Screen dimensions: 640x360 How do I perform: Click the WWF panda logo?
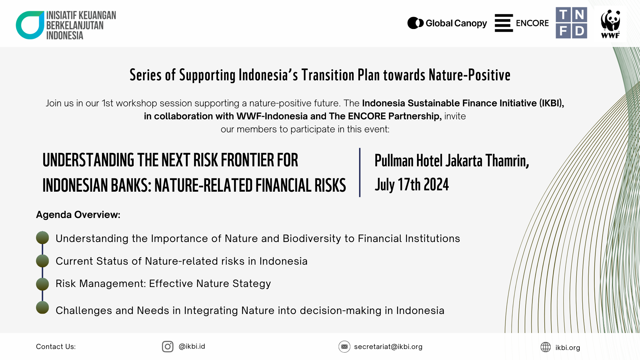[x=610, y=23]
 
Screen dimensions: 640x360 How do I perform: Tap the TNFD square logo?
[x=571, y=23]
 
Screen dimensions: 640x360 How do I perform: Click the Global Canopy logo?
[x=447, y=23]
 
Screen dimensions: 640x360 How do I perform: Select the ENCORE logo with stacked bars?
[x=522, y=23]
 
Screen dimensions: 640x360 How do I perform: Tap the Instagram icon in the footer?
[x=168, y=347]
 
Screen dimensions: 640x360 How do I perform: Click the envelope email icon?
[x=344, y=347]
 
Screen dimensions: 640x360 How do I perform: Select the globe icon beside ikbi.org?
[x=546, y=347]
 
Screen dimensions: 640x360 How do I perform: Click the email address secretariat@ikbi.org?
[x=388, y=347]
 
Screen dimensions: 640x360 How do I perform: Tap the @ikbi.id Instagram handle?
[x=192, y=346]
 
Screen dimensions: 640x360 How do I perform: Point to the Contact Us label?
[x=56, y=347]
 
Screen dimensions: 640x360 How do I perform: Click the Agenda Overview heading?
[x=78, y=215]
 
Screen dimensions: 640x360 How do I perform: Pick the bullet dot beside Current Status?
[x=42, y=261]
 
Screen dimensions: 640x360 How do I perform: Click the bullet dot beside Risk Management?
[x=42, y=284]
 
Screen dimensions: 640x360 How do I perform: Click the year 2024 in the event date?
[x=436, y=184]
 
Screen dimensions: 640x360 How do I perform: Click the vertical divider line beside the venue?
[x=360, y=172]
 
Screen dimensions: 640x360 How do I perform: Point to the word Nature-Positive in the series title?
[x=470, y=75]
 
